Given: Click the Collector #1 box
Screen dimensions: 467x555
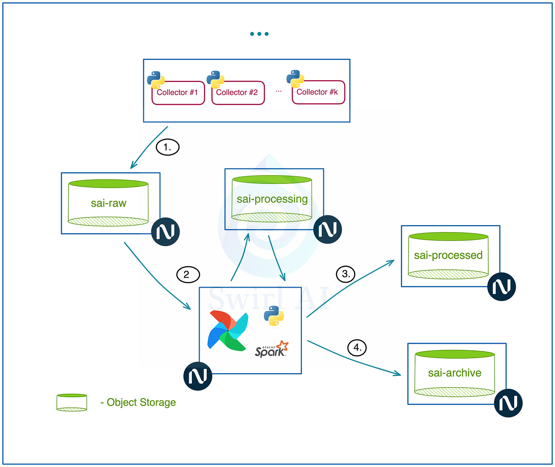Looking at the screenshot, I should [x=178, y=93].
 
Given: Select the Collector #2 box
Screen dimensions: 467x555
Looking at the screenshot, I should [x=238, y=93].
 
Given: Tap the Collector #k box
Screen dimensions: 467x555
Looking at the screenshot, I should [x=318, y=92].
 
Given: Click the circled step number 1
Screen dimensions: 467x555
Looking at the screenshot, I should [x=168, y=147].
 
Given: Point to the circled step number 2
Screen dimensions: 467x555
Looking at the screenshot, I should [x=188, y=275].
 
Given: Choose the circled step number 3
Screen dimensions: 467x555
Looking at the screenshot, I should [x=346, y=274].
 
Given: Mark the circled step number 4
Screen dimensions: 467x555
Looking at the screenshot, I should [x=357, y=348].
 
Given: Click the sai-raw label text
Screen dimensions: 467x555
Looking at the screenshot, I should [x=109, y=203].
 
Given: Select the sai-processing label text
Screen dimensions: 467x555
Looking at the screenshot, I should [x=272, y=199].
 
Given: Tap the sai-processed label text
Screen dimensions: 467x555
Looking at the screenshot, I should [x=448, y=255].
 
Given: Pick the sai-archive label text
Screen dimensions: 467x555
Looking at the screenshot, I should [x=454, y=373].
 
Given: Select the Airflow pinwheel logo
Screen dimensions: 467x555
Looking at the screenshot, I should [x=228, y=330].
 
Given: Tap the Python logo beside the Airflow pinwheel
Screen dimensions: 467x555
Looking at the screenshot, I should [x=274, y=316].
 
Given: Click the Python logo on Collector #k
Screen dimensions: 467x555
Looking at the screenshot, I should [x=295, y=79].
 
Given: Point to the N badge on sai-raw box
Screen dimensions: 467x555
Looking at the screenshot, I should [x=165, y=232].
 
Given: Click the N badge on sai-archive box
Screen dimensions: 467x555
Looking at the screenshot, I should [x=508, y=403].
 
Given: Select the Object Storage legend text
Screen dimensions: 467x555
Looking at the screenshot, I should [x=138, y=402].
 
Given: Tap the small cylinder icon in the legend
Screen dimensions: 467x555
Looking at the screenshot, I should [x=72, y=403].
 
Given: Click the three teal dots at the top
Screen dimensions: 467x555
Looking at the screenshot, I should [x=259, y=34].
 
